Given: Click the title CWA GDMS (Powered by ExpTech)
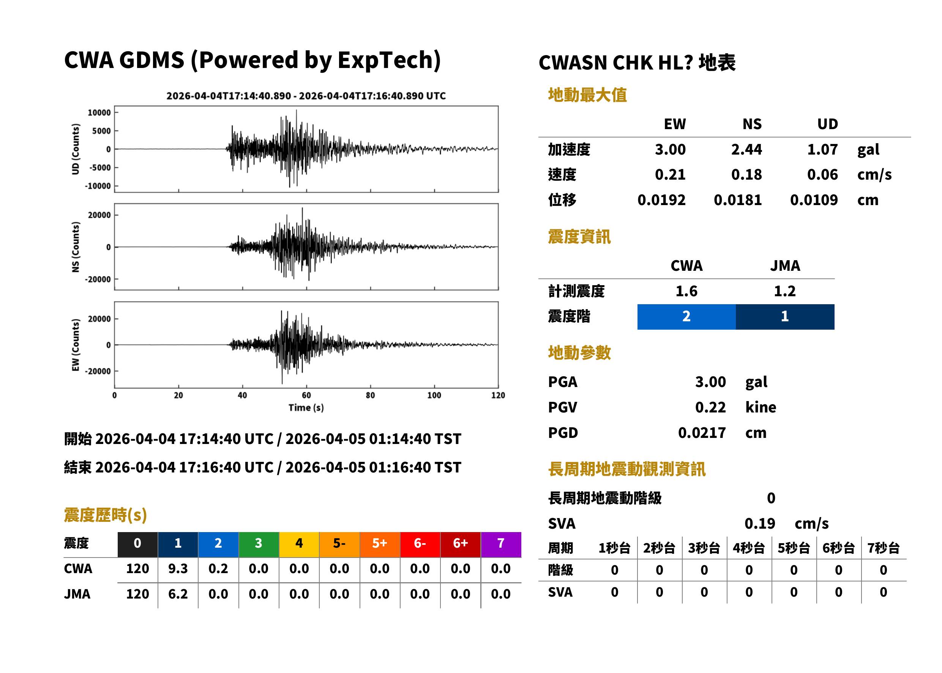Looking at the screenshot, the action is (x=252, y=60).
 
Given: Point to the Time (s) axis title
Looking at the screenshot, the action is (x=306, y=408).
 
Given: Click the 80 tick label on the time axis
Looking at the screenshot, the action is (x=370, y=395).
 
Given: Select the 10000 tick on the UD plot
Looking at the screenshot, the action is (x=99, y=113).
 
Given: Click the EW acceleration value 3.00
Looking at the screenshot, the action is (x=670, y=149).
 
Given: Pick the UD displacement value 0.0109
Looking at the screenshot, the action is (x=814, y=200).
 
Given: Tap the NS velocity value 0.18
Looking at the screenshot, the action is (x=746, y=174).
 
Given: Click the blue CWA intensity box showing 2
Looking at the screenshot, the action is (x=686, y=317).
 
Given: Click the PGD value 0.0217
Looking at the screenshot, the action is (x=702, y=433).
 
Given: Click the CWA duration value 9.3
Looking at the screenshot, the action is (x=178, y=569).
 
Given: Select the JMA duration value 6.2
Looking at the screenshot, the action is (x=178, y=594).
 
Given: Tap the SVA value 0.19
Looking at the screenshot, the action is (x=760, y=523).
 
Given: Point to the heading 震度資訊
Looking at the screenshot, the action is (x=579, y=237).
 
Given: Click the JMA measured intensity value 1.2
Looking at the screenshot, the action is (x=784, y=291).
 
